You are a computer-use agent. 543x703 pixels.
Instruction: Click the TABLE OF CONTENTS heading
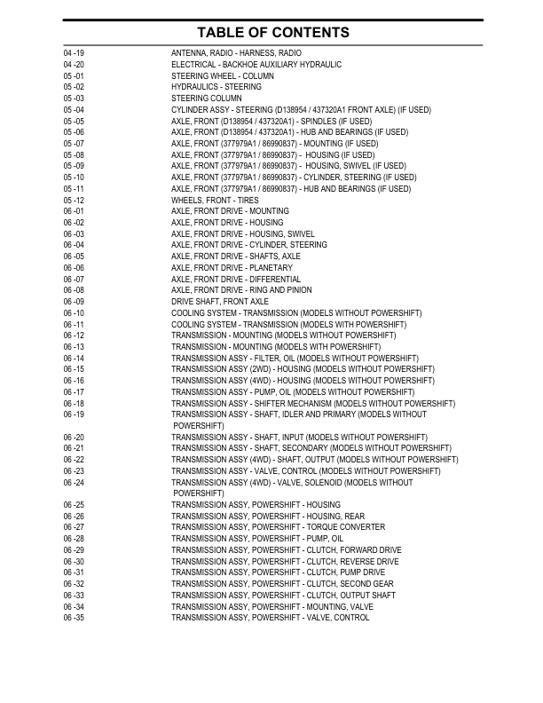271,32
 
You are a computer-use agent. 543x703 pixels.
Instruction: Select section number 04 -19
74,53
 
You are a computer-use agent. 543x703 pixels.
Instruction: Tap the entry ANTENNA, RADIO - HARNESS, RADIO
236,53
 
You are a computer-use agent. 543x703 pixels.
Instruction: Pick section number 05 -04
74,110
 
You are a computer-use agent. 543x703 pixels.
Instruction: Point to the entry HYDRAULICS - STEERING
216,87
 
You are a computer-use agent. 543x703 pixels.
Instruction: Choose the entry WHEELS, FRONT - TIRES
216,201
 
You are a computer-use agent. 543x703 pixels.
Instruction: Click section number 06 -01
74,211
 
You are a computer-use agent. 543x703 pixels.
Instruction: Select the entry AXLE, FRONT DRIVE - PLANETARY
232,268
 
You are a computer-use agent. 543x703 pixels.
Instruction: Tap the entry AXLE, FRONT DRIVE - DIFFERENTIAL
236,280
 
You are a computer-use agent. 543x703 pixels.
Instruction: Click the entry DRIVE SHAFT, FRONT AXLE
220,302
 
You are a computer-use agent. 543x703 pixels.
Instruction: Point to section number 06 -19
74,415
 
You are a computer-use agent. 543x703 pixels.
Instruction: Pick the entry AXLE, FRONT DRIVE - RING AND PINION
241,290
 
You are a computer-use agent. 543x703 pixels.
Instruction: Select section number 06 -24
74,482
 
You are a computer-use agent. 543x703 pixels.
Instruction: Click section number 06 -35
74,618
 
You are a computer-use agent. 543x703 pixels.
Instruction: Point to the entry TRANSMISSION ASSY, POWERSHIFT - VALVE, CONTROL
270,618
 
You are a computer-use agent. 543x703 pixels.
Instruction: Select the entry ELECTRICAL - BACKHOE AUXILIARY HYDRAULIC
256,65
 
